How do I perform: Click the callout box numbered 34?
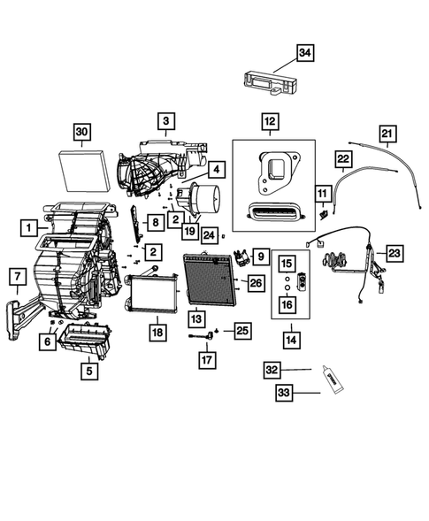(304, 54)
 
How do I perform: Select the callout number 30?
(81, 133)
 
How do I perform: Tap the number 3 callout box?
(166, 119)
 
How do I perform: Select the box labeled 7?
(17, 278)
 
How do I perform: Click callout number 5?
(89, 372)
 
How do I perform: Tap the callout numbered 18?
(157, 332)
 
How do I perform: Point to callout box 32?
(274, 370)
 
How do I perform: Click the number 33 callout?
(284, 394)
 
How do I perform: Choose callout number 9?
(260, 257)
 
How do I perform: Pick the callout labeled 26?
(255, 283)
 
